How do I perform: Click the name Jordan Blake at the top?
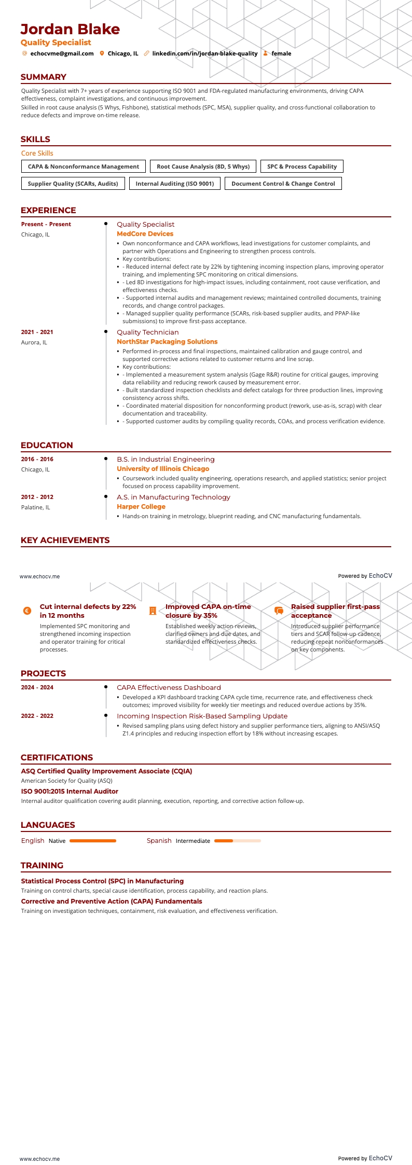coord(70,29)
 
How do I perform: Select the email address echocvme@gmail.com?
coord(62,53)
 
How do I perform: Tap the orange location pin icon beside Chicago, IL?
coord(102,53)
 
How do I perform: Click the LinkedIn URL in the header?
coord(204,53)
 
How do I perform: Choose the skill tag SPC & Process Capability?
coord(302,167)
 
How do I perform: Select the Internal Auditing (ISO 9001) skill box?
coord(175,184)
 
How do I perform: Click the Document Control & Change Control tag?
coord(283,184)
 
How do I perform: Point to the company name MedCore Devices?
coord(145,234)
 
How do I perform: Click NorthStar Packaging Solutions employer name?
coord(167,342)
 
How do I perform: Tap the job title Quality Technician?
coord(147,332)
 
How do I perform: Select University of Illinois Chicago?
coord(163,469)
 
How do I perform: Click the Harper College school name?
coord(141,507)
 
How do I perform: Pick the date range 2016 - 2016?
coord(37,459)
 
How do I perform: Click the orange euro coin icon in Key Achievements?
coord(28,611)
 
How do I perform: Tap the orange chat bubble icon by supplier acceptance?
coord(279,611)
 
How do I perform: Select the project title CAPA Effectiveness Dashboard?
coord(169,688)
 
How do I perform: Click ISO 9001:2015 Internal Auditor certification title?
coord(70,792)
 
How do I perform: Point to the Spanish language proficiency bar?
coord(237,841)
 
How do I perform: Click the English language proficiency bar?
coord(93,841)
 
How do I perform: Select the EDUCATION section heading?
coord(47,445)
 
